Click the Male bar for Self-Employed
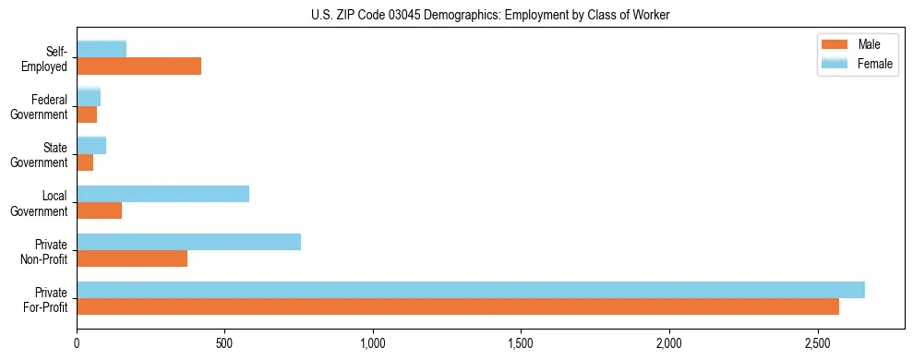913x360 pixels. tap(139, 66)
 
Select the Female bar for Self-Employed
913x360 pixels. tap(102, 50)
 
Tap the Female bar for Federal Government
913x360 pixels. tap(89, 98)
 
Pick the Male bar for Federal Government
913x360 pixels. tap(87, 114)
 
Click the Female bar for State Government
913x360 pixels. tap(91, 146)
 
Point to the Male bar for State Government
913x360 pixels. tap(85, 162)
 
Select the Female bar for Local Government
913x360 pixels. tap(163, 194)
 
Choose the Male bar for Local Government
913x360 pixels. tap(100, 210)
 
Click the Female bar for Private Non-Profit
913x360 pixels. tap(189, 242)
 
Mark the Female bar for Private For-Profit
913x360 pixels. tap(471, 290)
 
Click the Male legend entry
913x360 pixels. tap(859, 44)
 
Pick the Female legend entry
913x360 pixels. tap(859, 63)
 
